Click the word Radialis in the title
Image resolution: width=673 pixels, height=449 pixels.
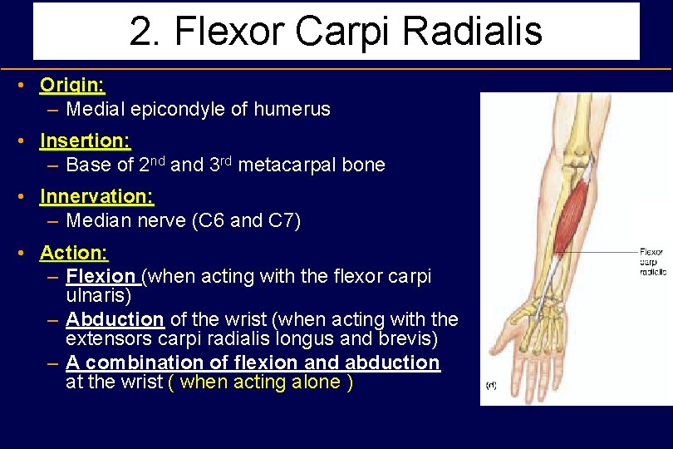tap(472, 31)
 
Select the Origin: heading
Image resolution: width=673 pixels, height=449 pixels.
tap(72, 85)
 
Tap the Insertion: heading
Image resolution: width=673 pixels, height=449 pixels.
tap(85, 141)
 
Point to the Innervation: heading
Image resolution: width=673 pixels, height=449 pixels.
tap(96, 196)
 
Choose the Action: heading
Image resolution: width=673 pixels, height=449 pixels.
tap(74, 252)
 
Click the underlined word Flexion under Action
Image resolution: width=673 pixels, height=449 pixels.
tap(101, 276)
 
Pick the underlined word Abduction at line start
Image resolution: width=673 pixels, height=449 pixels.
tap(115, 319)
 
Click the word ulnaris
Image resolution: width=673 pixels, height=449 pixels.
tap(98, 295)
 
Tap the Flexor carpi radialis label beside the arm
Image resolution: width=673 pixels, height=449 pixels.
tap(652, 261)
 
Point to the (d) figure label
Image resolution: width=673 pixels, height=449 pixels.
tap(491, 385)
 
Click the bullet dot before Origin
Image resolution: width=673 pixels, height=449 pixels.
tap(27, 86)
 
